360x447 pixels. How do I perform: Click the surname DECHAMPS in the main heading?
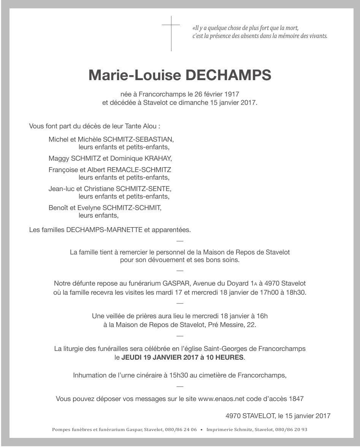pyautogui.click(x=228, y=75)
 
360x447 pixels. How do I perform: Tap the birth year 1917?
pyautogui.click(x=232, y=93)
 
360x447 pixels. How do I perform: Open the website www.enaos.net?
pyautogui.click(x=221, y=399)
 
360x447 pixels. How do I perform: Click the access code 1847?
pyautogui.click(x=296, y=399)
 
